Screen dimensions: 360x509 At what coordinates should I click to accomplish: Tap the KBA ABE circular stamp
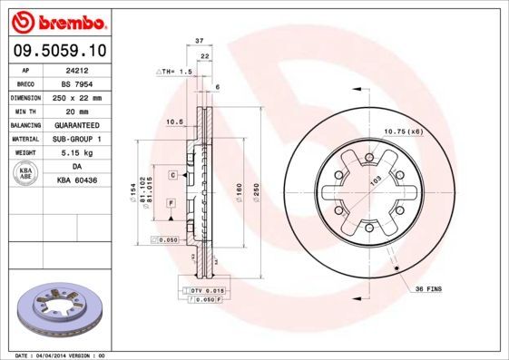click(27, 174)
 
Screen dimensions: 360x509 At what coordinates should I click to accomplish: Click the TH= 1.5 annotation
click(176, 70)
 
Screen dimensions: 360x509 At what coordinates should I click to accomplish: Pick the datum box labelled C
click(171, 173)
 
